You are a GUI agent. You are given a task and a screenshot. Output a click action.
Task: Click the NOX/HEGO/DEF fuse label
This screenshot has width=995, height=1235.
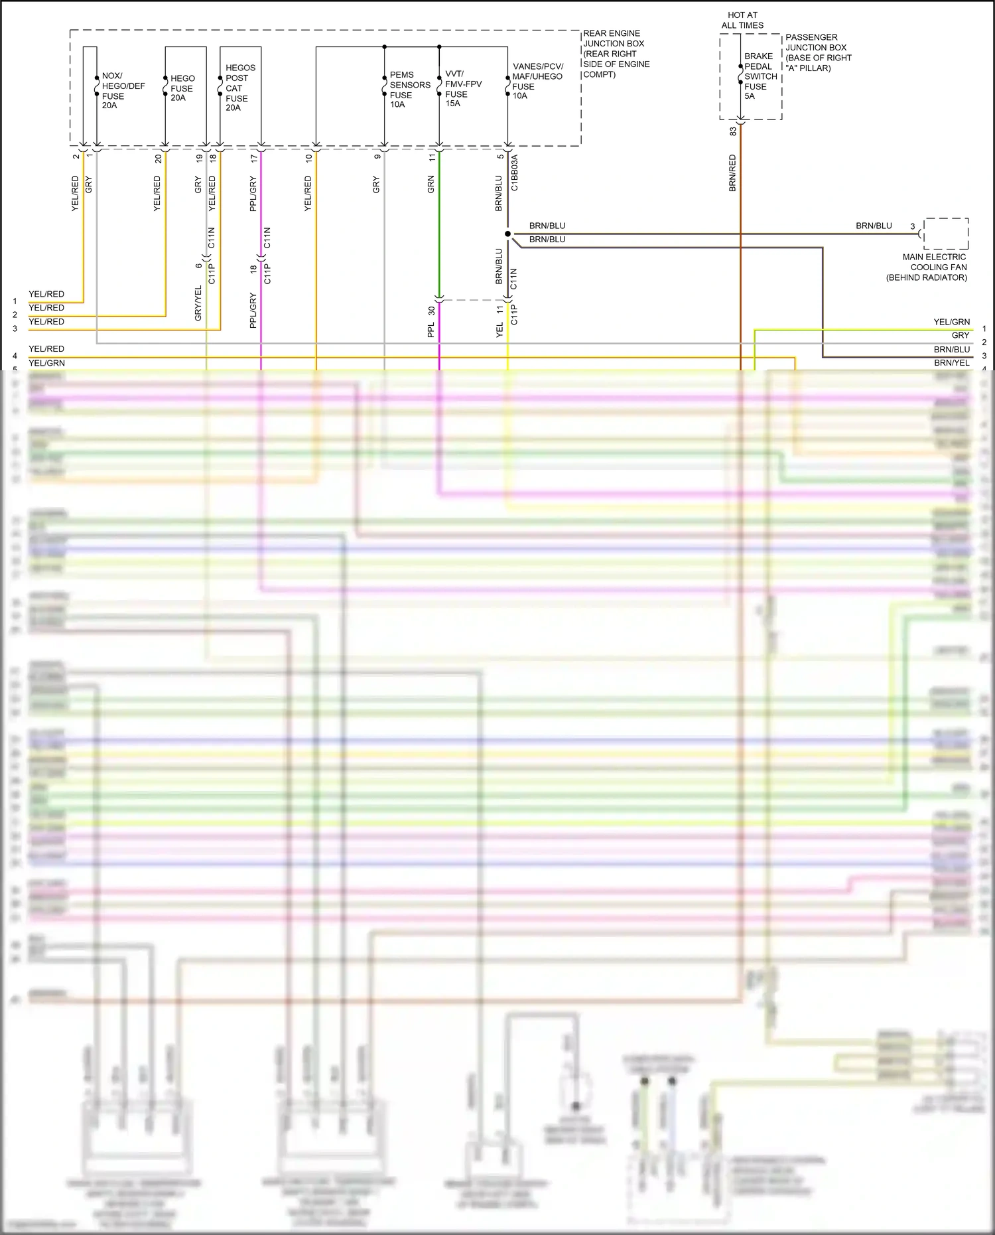pyautogui.click(x=122, y=90)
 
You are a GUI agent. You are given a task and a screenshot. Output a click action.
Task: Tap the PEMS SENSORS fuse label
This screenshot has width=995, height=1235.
pyautogui.click(x=409, y=90)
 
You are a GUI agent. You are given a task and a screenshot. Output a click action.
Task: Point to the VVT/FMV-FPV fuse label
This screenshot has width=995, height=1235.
pyautogui.click(x=462, y=88)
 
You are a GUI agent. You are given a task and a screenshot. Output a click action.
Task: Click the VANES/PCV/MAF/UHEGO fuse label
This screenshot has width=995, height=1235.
pyautogui.click(x=537, y=81)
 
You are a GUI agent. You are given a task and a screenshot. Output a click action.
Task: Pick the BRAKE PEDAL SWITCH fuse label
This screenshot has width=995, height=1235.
pyautogui.click(x=760, y=76)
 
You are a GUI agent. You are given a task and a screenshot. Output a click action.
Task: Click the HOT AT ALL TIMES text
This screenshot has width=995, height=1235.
pyautogui.click(x=742, y=20)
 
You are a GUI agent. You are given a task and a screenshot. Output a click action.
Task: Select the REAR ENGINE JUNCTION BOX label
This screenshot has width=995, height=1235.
pyautogui.click(x=615, y=54)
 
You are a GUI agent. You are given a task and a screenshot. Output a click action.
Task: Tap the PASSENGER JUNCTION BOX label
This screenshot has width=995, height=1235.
pyautogui.click(x=818, y=52)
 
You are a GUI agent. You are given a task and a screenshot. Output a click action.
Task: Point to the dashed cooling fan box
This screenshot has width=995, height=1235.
pyautogui.click(x=946, y=234)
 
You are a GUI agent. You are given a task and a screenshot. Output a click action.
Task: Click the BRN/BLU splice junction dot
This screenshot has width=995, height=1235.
pyautogui.click(x=507, y=234)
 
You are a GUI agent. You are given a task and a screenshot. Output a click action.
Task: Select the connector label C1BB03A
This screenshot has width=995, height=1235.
pyautogui.click(x=515, y=173)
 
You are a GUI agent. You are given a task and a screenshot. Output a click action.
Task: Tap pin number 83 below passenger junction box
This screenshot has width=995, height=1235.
pyautogui.click(x=733, y=131)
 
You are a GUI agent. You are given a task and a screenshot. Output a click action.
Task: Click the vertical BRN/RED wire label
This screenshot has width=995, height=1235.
pyautogui.click(x=732, y=173)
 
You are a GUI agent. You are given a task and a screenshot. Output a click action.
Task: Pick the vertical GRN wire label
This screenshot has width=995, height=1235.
pyautogui.click(x=431, y=184)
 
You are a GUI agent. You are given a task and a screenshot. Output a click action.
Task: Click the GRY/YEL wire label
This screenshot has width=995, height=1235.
pyautogui.click(x=198, y=303)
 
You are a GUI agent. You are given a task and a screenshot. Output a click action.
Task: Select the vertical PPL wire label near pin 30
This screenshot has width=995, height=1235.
pyautogui.click(x=431, y=330)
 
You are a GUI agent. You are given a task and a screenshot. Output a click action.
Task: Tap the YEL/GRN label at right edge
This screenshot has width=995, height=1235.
pyautogui.click(x=951, y=322)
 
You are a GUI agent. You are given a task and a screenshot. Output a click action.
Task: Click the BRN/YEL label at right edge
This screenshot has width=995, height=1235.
pyautogui.click(x=951, y=363)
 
